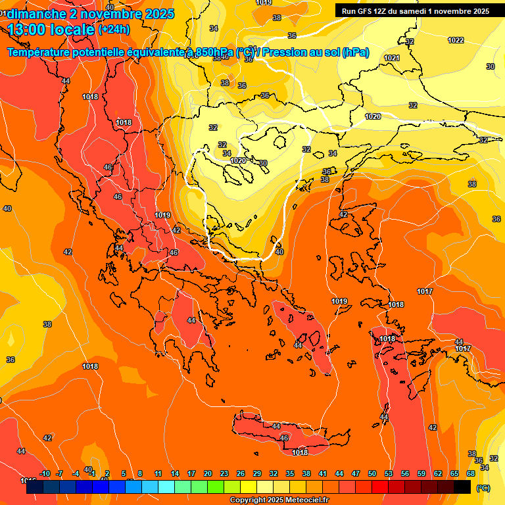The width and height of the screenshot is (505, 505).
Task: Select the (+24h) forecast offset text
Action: [114, 30]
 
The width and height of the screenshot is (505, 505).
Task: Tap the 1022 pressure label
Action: [456, 40]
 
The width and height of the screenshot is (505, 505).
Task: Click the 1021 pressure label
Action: [392, 58]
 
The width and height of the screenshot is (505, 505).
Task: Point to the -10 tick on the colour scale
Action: [45, 473]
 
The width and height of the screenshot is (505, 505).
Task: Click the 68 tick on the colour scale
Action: [471, 473]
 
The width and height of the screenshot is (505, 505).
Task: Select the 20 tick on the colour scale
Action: [208, 473]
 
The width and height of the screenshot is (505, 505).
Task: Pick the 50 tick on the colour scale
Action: [372, 473]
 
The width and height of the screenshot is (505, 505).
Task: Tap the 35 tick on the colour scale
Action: [290, 473]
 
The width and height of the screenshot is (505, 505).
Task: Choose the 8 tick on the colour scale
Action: [140, 473]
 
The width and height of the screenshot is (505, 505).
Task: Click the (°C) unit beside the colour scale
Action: [483, 488]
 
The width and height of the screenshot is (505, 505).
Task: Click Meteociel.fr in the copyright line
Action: [303, 500]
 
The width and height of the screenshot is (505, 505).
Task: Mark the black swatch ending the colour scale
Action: [462, 487]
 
